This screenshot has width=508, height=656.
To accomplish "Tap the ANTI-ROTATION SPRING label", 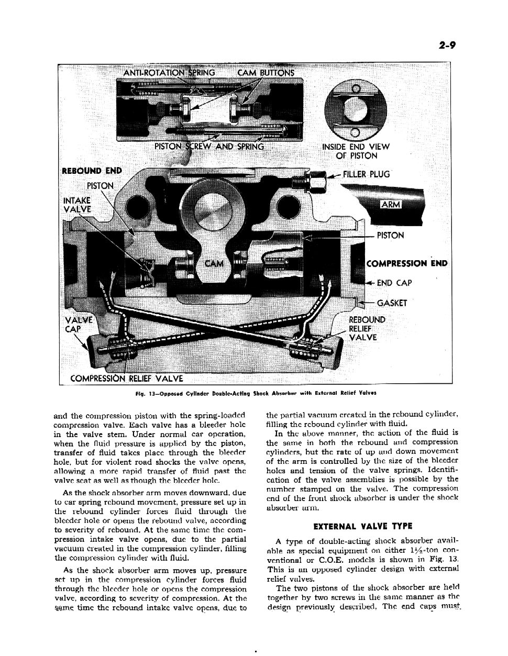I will click(169, 73).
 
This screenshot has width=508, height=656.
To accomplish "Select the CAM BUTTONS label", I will click(266, 73).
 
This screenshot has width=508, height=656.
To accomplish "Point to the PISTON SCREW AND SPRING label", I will click(209, 147).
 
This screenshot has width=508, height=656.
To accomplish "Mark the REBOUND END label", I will click(91, 171).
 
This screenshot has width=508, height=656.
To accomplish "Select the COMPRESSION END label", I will click(407, 263).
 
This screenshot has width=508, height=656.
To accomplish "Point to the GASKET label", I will click(391, 303).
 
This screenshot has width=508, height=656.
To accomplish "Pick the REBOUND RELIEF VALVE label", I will click(367, 328).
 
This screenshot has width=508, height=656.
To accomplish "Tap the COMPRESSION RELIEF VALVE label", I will click(127, 378).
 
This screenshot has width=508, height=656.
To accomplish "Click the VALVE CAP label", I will click(78, 325).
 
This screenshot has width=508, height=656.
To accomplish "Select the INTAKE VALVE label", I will click(76, 205).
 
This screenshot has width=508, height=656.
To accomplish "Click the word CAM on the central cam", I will click(214, 263).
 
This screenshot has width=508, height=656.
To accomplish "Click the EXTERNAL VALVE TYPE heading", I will click(362, 526).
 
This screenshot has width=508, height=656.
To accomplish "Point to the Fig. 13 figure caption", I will click(253, 392).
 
